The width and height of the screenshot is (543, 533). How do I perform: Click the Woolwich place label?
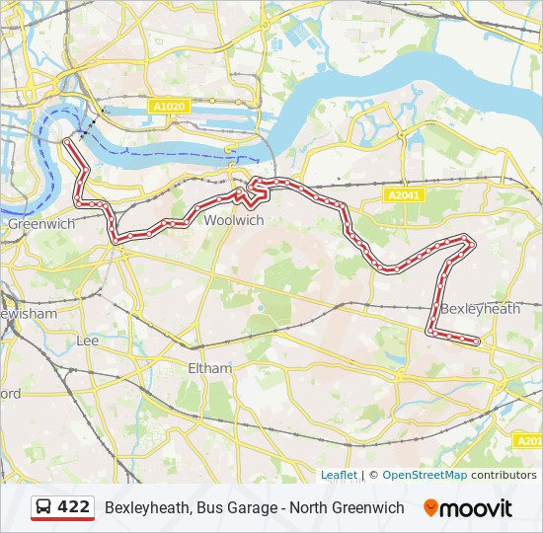coord(233,221)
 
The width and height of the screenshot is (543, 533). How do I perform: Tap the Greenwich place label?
coord(41,224)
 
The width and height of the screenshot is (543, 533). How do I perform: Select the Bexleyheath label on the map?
coord(480,309)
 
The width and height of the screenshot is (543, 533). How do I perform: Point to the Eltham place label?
coord(209,368)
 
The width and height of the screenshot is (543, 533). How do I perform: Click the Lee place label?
coord(88,341)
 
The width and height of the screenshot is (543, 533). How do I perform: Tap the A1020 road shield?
coord(169,106)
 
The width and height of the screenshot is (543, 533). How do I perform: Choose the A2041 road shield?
coord(404,195)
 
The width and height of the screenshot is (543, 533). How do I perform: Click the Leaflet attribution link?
coord(339,475)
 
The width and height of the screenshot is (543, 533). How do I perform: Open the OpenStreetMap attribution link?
coord(425,475)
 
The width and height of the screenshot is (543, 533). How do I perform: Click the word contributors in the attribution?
coord(504,475)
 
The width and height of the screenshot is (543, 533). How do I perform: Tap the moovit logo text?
coord(476,508)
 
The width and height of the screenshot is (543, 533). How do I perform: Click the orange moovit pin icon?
coord(430,508)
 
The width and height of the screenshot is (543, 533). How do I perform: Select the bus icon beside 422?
coord(44,507)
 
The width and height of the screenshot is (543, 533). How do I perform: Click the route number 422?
coord(74,507)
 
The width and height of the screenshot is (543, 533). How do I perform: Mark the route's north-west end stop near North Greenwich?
coord(66,142)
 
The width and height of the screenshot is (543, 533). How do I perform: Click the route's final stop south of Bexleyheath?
coord(477,342)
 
